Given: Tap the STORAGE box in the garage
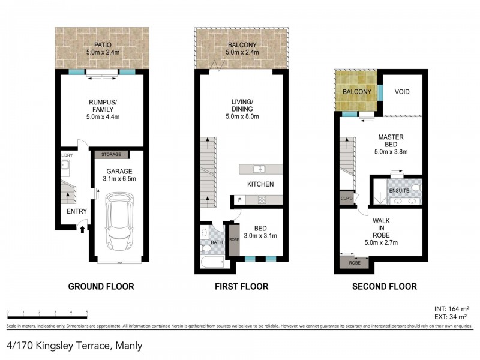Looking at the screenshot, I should (x=111, y=155).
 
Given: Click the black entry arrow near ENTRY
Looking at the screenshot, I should (x=82, y=229).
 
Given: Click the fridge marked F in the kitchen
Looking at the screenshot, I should (x=239, y=200).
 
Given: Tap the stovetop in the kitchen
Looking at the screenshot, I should (x=262, y=200).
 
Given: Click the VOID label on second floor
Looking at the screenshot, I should (x=403, y=92).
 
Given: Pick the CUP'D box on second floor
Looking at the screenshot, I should (x=346, y=198).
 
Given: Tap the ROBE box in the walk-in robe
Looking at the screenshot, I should (x=354, y=263).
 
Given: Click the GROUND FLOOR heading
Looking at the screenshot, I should (x=101, y=286).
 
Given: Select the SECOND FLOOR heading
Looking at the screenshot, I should (x=384, y=286).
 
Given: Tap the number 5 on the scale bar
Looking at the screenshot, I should (x=87, y=312).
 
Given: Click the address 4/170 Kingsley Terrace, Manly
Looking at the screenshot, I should (x=74, y=345).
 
